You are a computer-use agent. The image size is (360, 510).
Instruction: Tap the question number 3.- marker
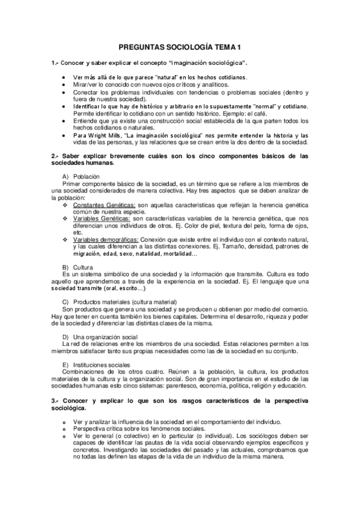pyautogui.click(x=55, y=400)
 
